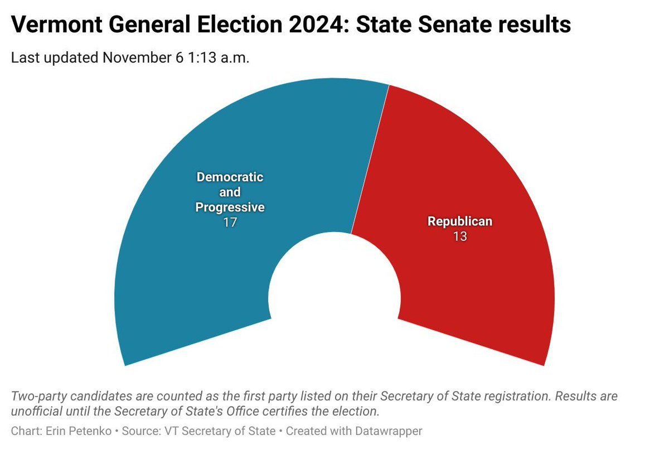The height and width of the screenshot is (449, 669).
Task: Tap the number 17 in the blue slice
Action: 229,223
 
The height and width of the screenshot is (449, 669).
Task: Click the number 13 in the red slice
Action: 460,236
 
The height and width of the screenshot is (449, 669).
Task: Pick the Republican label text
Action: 460,221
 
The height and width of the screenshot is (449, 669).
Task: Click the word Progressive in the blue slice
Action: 229,207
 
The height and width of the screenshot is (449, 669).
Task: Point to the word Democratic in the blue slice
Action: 230,177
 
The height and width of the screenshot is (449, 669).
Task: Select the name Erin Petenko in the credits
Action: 65,431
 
